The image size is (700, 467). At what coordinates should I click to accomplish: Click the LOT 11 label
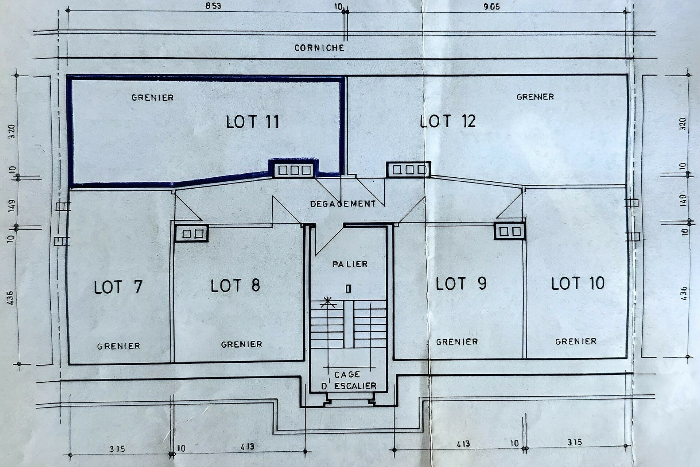pyautogui.click(x=252, y=122)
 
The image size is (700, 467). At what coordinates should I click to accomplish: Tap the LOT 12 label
pyautogui.click(x=448, y=121)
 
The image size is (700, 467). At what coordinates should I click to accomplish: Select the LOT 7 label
pyautogui.click(x=118, y=287)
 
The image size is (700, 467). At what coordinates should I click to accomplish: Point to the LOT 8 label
pyautogui.click(x=235, y=286)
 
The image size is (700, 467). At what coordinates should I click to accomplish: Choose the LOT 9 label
pyautogui.click(x=461, y=283)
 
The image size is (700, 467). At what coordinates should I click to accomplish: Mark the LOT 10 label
pyautogui.click(x=577, y=283)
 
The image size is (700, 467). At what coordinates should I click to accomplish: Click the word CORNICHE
pyautogui.click(x=319, y=48)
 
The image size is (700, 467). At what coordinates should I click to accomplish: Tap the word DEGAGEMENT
pyautogui.click(x=343, y=204)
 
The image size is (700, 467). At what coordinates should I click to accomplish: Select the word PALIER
pyautogui.click(x=350, y=264)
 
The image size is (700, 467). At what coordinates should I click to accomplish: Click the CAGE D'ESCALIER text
pyautogui.click(x=349, y=380)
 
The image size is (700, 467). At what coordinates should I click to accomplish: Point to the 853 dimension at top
pyautogui.click(x=213, y=6)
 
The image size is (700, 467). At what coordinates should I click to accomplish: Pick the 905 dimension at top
pyautogui.click(x=491, y=7)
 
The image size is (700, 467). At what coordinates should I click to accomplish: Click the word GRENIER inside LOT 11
pyautogui.click(x=152, y=97)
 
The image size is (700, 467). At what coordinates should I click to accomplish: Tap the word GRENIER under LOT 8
pyautogui.click(x=242, y=344)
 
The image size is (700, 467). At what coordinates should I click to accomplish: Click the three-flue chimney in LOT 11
pyautogui.click(x=294, y=170)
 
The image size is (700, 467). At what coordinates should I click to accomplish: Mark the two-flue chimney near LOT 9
pyautogui.click(x=510, y=231)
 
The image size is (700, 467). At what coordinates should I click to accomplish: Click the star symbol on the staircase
pyautogui.click(x=328, y=302)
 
